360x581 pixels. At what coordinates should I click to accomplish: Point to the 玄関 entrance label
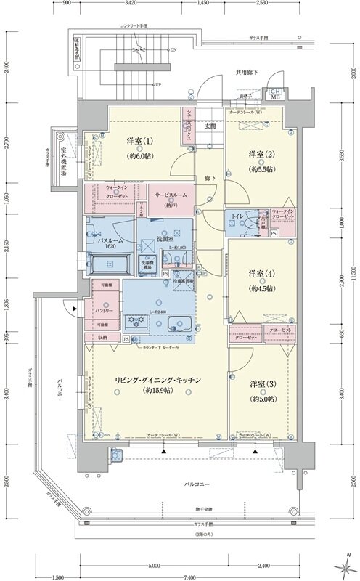(210, 126)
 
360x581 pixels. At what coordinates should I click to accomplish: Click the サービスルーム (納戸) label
(173, 195)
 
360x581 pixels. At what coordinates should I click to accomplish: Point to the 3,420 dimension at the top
(131, 4)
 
